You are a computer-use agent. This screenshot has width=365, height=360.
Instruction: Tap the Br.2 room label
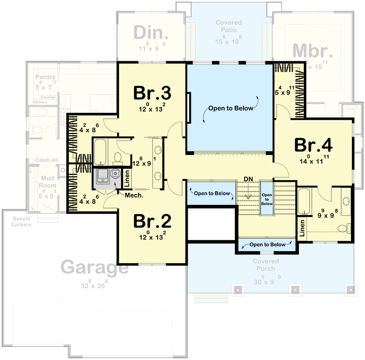(152, 221)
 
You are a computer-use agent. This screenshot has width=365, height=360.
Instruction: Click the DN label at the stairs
(248, 179)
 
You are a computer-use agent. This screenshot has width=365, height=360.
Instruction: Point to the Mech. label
(134, 195)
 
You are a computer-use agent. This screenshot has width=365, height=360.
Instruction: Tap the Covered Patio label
(228, 26)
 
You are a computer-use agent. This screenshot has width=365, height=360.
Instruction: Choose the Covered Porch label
(266, 265)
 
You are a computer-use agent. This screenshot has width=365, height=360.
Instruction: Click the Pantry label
(45, 77)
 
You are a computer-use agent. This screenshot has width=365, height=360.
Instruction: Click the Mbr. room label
(311, 51)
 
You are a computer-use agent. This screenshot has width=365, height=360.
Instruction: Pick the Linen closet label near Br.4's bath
(302, 228)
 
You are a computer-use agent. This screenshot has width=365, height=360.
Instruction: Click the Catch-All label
(40, 160)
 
